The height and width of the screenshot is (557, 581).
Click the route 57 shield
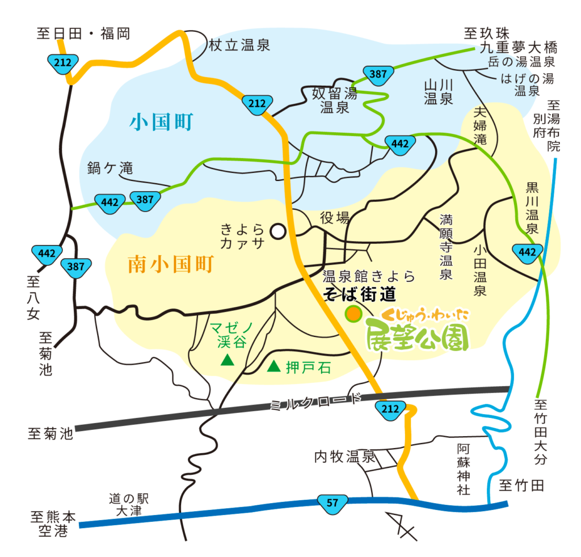tap(332, 502)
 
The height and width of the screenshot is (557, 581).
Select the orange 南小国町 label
tap(170, 264)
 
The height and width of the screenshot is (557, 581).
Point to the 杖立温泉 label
tap(239, 46)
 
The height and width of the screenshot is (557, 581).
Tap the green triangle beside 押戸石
tap(275, 367)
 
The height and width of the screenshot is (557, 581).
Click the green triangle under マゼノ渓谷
tap(228, 360)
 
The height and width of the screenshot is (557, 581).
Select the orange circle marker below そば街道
tap(353, 314)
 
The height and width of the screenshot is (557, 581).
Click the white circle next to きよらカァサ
tap(277, 231)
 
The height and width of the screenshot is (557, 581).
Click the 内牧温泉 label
tap(345, 456)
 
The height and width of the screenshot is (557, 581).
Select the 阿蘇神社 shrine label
tap(464, 469)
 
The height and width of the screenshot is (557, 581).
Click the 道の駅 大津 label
tap(128, 504)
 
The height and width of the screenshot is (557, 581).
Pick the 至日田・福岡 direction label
tap(83, 34)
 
